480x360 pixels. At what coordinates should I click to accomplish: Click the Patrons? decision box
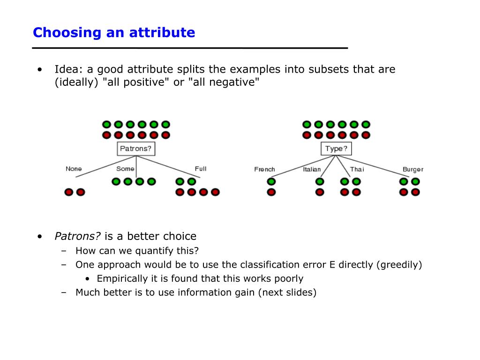tap(136, 149)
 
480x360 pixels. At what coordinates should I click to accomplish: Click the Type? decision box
tap(336, 149)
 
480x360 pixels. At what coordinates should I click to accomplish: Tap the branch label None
tap(74, 169)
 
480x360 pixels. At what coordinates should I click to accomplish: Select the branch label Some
tap(125, 169)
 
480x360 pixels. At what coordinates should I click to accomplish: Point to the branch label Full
tap(201, 169)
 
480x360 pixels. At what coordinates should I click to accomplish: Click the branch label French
tap(264, 169)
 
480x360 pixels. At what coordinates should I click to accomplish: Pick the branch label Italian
tap(312, 169)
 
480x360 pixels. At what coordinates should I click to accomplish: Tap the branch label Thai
tap(357, 169)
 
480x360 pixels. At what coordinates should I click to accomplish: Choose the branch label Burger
tap(412, 169)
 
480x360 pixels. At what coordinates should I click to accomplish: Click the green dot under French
tap(271, 182)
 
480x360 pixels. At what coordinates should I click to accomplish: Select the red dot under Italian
tap(320, 192)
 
